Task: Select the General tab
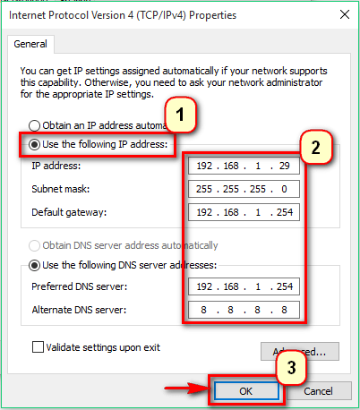(30, 44)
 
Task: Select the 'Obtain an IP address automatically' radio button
(36, 126)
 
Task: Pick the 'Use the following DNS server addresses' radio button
(36, 264)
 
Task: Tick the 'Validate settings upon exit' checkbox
(38, 346)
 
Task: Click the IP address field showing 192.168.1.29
(244, 167)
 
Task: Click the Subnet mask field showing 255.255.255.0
(244, 190)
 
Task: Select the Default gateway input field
(244, 213)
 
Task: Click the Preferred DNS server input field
(244, 287)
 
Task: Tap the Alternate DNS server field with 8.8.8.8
(244, 311)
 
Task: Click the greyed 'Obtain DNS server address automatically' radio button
(36, 245)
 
